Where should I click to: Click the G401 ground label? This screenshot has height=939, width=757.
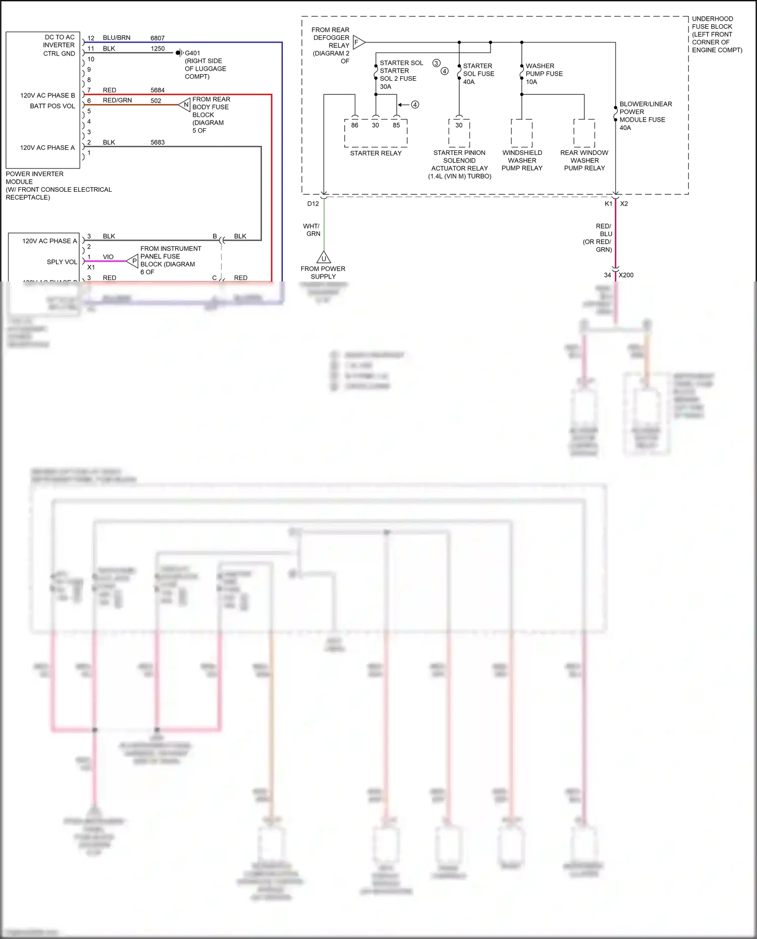coord(192,53)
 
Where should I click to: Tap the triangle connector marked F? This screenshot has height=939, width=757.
coord(358,42)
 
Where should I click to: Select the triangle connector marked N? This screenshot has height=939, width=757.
coord(185,105)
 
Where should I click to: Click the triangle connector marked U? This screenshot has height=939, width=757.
coord(323,258)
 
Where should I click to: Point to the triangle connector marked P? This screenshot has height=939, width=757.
coord(133,261)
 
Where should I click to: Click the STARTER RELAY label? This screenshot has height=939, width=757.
coord(375,153)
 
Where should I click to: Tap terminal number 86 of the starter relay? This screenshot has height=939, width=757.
coord(355,125)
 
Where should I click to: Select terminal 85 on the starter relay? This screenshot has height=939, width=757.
coord(396,125)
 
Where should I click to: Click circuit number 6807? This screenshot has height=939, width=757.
coord(157,38)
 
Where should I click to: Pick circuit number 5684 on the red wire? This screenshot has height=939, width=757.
coord(157,90)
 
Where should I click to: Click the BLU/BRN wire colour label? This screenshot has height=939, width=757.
coord(117,38)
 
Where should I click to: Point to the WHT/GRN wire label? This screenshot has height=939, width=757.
coord(312,230)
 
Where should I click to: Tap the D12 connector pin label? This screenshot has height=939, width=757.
coord(313,204)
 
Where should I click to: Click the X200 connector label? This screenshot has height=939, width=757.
coord(626,275)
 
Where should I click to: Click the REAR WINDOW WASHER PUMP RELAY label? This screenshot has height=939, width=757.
coord(584,160)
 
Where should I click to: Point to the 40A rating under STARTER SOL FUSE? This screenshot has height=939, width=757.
coord(469,82)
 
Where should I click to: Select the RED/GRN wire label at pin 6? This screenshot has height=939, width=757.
coord(117,100)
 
